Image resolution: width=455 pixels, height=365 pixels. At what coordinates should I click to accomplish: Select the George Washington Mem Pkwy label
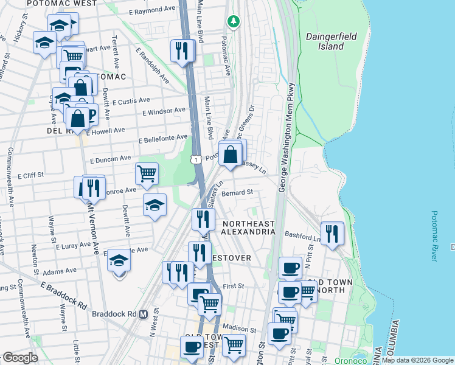click(286, 137)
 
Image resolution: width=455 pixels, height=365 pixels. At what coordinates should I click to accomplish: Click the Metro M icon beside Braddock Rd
click(144, 315)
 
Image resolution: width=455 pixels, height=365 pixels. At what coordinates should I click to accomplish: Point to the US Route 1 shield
click(195, 159)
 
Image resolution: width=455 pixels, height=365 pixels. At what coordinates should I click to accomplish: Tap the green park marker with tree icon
click(233, 22)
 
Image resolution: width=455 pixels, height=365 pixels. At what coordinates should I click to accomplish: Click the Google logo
click(19, 358)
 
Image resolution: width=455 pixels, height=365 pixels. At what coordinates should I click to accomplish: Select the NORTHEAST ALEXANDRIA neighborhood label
click(248, 228)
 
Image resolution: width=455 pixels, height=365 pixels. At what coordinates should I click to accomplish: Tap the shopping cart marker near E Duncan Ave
click(147, 174)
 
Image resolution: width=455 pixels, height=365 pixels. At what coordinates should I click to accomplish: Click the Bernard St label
click(237, 193)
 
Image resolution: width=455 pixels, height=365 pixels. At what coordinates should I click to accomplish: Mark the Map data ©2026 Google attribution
click(418, 360)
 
